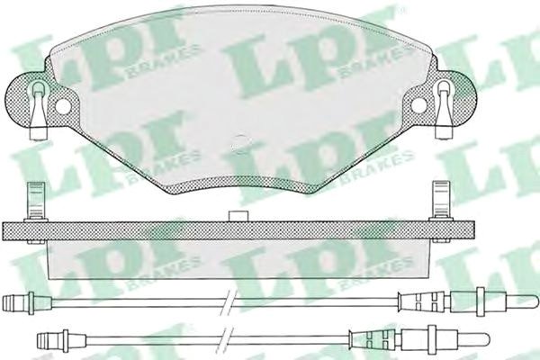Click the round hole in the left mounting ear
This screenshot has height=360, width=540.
pyautogui.click(x=62, y=106)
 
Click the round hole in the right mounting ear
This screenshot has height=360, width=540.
pyautogui.click(x=419, y=105)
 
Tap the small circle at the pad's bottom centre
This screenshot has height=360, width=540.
pyautogui.click(x=240, y=143)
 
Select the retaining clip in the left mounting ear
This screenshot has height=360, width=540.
pyautogui.click(x=38, y=110)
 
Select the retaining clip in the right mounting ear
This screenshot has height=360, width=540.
pyautogui.click(x=444, y=110)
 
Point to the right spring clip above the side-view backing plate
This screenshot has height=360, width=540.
pyautogui.click(x=440, y=201)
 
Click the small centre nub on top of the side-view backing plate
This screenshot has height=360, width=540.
pyautogui.click(x=238, y=216)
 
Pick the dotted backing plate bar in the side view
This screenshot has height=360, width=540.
pyautogui.click(x=238, y=230)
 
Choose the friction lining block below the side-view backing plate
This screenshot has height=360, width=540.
pyautogui.click(x=238, y=259)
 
